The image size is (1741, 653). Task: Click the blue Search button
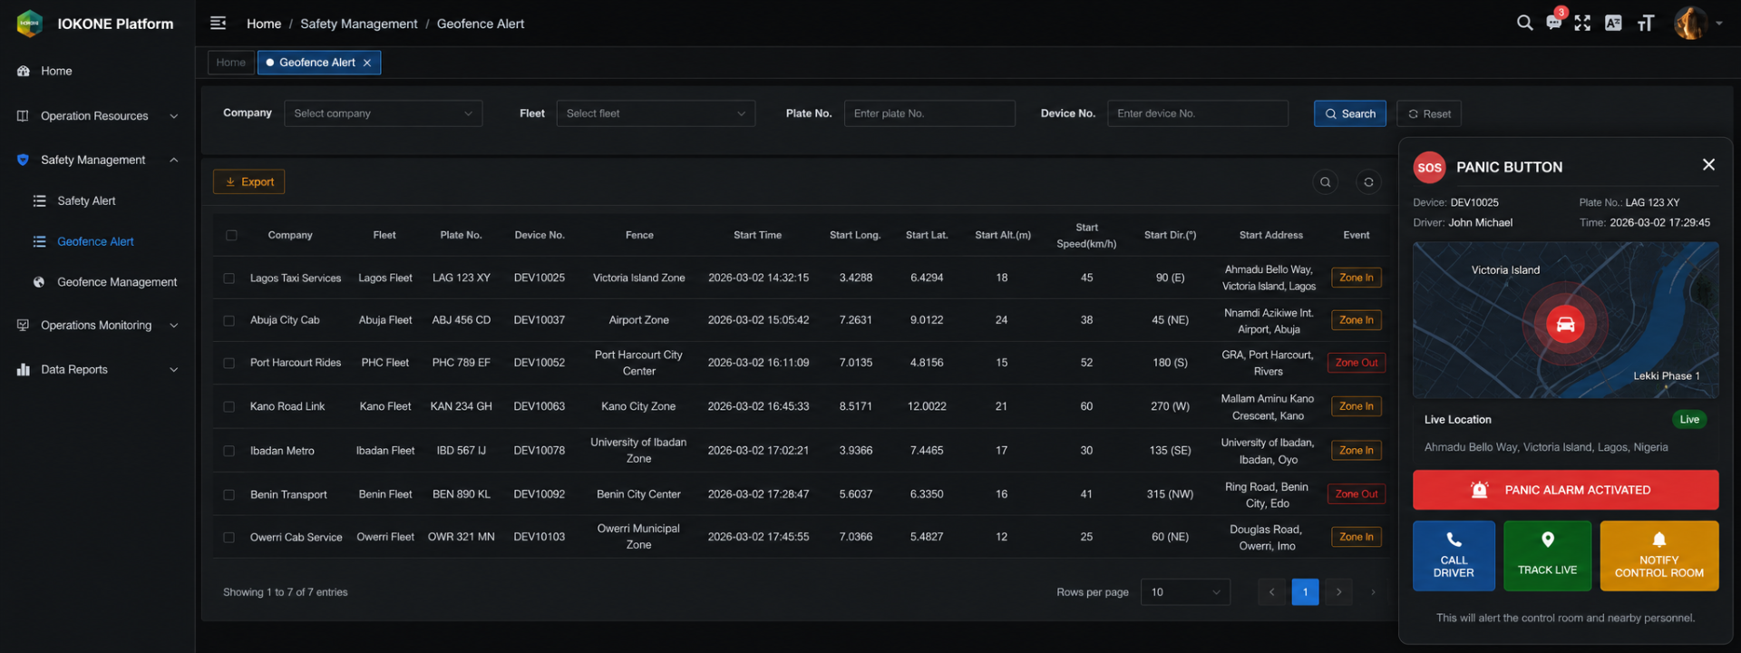pyautogui.click(x=1349, y=113)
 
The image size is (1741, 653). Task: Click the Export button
pyautogui.click(x=248, y=181)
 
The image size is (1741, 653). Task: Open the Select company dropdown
pyautogui.click(x=383, y=113)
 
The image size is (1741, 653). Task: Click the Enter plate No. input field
pyautogui.click(x=929, y=113)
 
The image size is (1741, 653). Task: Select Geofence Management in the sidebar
pyautogui.click(x=117, y=282)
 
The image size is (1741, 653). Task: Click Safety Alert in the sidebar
pyautogui.click(x=86, y=200)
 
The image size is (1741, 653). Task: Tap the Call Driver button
pyautogui.click(x=1454, y=555)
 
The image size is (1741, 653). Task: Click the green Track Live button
pyautogui.click(x=1547, y=555)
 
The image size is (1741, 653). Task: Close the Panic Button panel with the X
pyautogui.click(x=1708, y=165)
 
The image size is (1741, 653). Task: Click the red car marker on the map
pyautogui.click(x=1565, y=324)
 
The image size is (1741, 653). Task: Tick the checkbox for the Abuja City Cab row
pyautogui.click(x=229, y=320)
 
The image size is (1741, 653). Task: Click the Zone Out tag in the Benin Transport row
pyautogui.click(x=1357, y=494)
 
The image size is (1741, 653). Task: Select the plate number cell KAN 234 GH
pyautogui.click(x=461, y=406)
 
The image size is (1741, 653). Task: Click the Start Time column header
pyautogui.click(x=757, y=235)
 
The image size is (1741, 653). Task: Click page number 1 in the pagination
pyautogui.click(x=1305, y=592)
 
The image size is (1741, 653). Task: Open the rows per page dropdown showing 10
pyautogui.click(x=1185, y=592)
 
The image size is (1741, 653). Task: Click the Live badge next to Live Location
pyautogui.click(x=1689, y=419)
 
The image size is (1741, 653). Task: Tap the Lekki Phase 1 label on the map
pyautogui.click(x=1667, y=375)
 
